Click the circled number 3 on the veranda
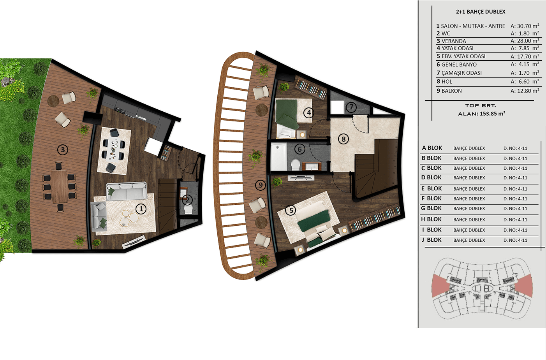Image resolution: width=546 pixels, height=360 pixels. [x=63, y=149]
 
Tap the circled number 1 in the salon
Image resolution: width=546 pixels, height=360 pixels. [x=141, y=209]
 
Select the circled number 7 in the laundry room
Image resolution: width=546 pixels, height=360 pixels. [x=351, y=107]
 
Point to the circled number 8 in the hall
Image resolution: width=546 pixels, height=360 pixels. [x=343, y=139]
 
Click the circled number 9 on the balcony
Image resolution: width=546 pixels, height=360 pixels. [x=260, y=185]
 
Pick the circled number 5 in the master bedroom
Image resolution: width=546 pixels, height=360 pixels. [x=291, y=210]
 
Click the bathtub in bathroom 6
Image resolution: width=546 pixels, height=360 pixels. [x=278, y=157]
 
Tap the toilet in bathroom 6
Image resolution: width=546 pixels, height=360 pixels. [x=296, y=165]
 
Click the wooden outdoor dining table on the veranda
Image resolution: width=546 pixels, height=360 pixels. [x=60, y=186]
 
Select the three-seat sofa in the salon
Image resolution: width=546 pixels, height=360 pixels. [x=127, y=191]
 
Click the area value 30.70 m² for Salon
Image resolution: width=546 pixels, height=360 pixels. [x=525, y=26]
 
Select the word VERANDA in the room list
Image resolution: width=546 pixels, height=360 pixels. [x=454, y=41]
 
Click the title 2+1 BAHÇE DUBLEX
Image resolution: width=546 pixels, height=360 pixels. [x=481, y=12]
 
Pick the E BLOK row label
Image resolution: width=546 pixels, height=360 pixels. [x=432, y=188]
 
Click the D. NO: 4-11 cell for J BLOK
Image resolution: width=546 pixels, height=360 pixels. [x=515, y=240]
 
